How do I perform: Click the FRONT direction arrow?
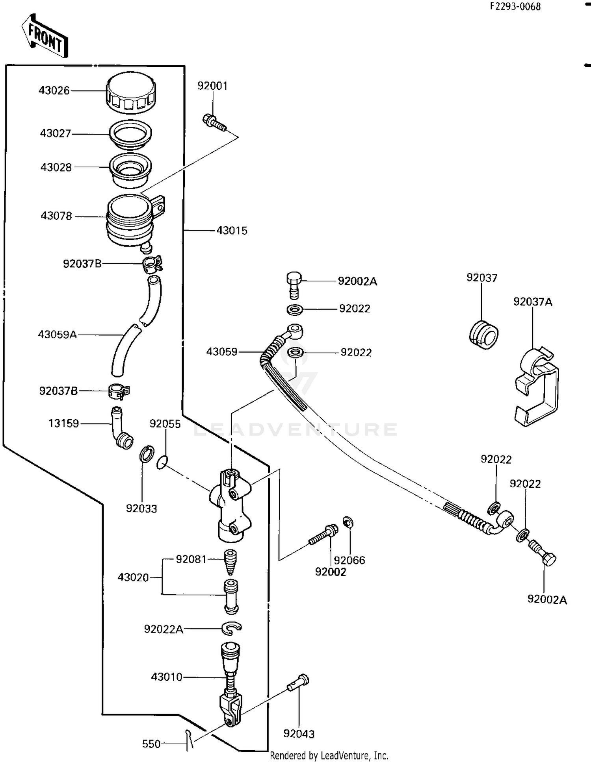45,36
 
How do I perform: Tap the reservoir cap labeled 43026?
131,92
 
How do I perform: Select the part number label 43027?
55,133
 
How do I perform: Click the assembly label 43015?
232,231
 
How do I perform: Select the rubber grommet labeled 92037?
484,335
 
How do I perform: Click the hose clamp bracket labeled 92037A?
537,386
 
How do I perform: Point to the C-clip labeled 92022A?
232,629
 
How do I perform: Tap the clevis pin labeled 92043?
299,683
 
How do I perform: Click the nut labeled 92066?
348,522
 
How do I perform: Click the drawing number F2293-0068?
515,6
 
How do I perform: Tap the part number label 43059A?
57,335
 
